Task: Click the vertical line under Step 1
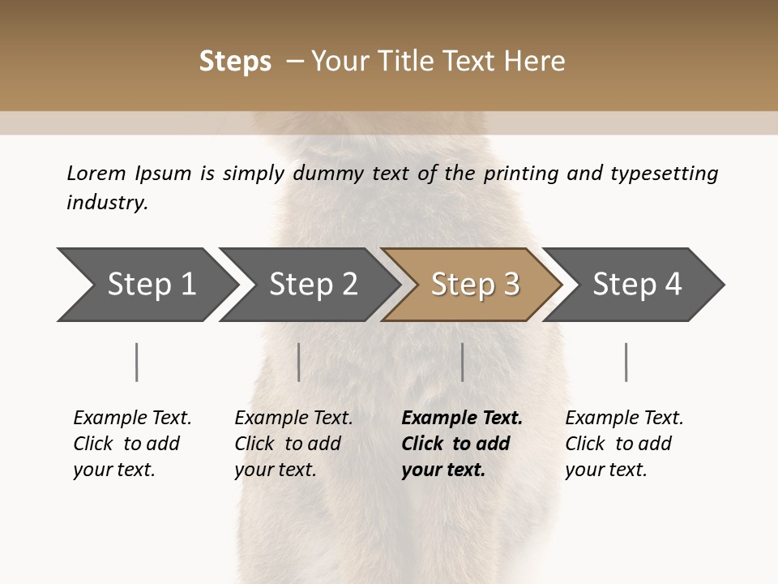(137, 362)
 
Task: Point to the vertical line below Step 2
(299, 362)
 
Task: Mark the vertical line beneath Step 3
(462, 362)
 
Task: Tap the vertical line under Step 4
(626, 362)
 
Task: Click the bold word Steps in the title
(235, 62)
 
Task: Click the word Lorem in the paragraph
(96, 173)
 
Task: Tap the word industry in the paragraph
(107, 202)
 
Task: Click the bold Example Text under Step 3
(462, 419)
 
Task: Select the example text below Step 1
(132, 444)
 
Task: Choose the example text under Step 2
(293, 444)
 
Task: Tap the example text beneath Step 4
(624, 444)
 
